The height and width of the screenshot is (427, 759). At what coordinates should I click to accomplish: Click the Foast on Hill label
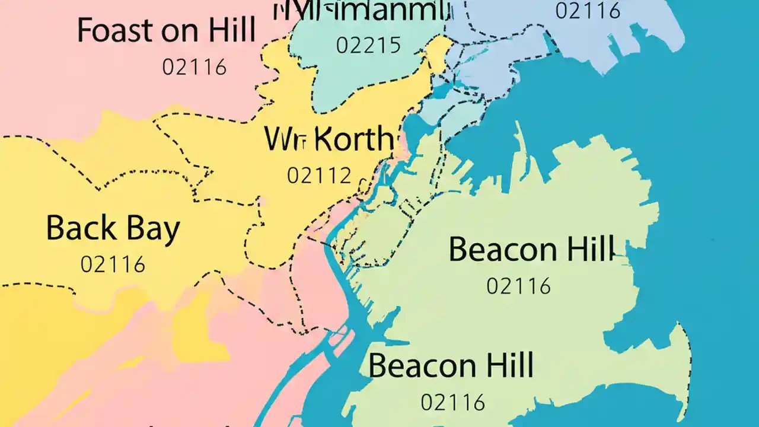(167, 30)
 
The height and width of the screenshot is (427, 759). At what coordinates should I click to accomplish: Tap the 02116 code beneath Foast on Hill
(194, 67)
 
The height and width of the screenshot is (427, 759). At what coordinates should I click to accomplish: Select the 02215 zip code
(368, 45)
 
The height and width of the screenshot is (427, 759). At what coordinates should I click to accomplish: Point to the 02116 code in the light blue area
(588, 10)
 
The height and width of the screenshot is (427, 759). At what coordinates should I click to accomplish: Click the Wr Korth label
(329, 140)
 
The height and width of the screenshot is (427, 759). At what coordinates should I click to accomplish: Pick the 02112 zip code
(319, 176)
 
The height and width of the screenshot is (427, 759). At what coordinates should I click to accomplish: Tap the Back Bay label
(113, 229)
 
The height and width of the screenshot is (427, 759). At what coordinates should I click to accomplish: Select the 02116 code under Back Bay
(113, 265)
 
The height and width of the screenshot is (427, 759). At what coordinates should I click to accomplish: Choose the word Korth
(353, 140)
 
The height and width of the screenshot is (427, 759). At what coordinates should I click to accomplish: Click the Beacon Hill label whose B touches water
(451, 365)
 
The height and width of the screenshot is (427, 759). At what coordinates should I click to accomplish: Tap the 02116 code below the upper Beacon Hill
(519, 286)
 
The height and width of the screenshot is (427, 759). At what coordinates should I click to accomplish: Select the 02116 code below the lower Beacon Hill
(453, 403)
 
